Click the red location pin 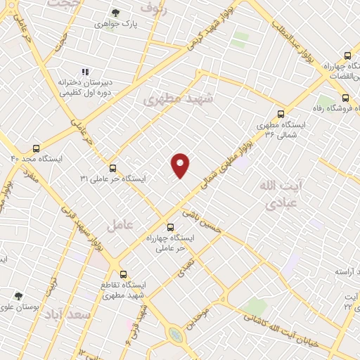pyautogui.click(x=181, y=165)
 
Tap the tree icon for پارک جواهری pyautogui.click(x=117, y=13)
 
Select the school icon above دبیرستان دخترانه pyautogui.click(x=85, y=72)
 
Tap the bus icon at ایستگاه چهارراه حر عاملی pyautogui.click(x=170, y=226)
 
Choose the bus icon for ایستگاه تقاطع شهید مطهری pyautogui.click(x=124, y=274)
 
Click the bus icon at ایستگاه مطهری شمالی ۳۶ pyautogui.click(x=281, y=113)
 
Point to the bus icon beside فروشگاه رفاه pyautogui.click(x=345, y=98)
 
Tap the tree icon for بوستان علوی pyautogui.click(x=18, y=296)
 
